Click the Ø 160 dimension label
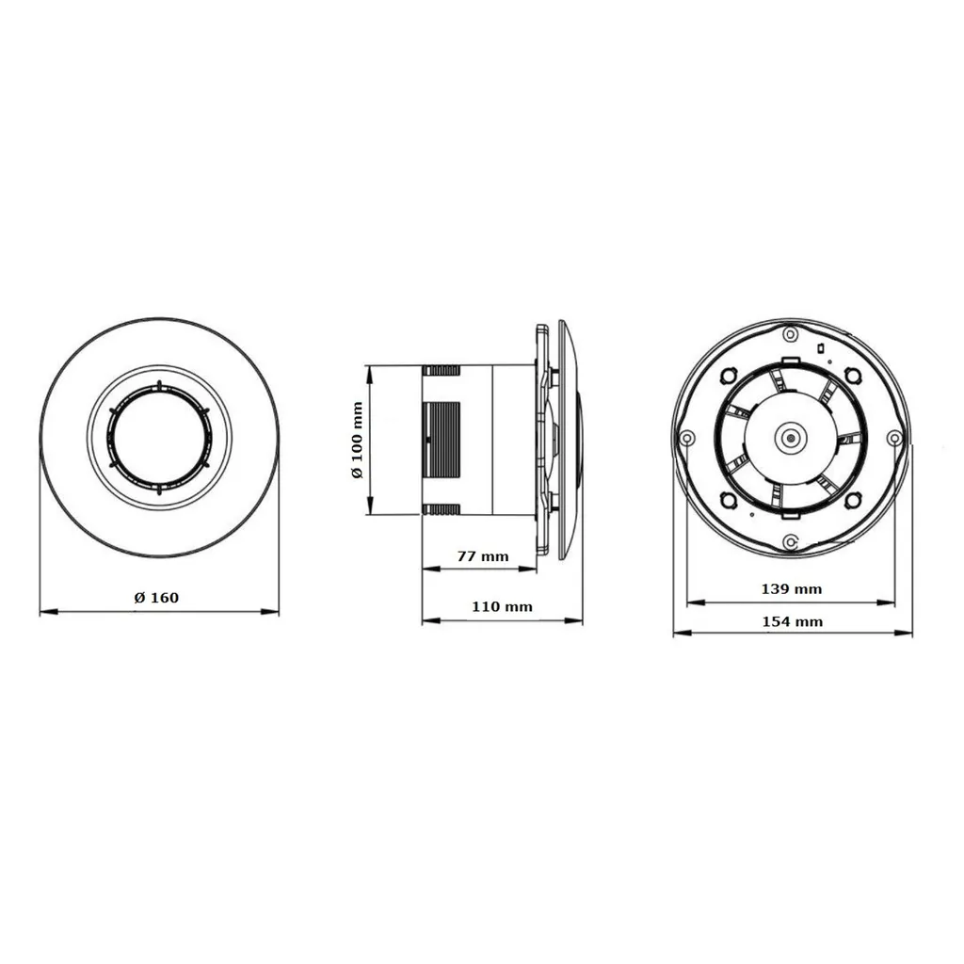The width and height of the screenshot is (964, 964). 156,598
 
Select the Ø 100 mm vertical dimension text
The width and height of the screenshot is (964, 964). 357,440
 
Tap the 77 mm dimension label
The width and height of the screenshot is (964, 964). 482,556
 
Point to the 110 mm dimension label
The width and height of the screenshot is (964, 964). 502,607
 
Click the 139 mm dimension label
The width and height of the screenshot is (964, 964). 791,589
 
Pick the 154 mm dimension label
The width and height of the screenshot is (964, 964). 792,621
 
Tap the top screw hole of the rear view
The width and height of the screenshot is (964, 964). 792,333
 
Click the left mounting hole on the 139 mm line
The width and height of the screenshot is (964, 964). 687,438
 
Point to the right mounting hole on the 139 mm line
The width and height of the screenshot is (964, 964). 894,438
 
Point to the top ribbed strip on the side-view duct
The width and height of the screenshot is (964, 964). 441,370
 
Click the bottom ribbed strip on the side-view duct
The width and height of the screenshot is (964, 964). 441,509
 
